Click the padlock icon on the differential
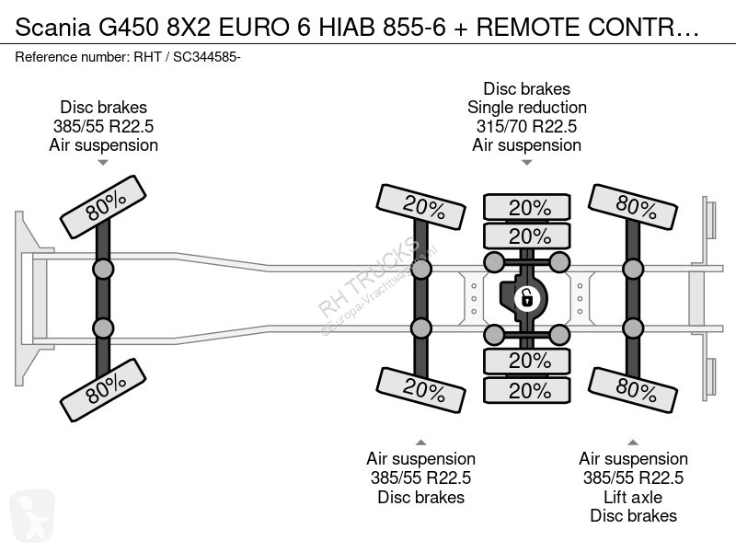pos(526,298)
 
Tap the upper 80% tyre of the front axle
pos(103,207)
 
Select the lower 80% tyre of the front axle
pos(103,390)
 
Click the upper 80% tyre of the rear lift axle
pos(633,207)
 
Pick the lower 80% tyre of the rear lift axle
pos(633,390)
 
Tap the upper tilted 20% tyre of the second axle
pos(421,207)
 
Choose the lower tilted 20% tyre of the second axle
pos(421,390)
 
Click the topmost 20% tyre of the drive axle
pos(527,207)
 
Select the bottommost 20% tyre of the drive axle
pos(527,390)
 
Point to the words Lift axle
pos(633,497)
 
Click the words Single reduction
pos(526,108)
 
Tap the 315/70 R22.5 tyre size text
pos(526,126)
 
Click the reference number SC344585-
pos(207,57)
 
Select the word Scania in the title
pos(52,28)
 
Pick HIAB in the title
pos(347,28)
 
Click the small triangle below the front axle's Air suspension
pos(103,163)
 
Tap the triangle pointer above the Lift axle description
pos(633,443)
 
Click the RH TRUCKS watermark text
pos(368,278)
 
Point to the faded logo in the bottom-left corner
pos(32,515)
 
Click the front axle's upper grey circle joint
pos(103,270)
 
